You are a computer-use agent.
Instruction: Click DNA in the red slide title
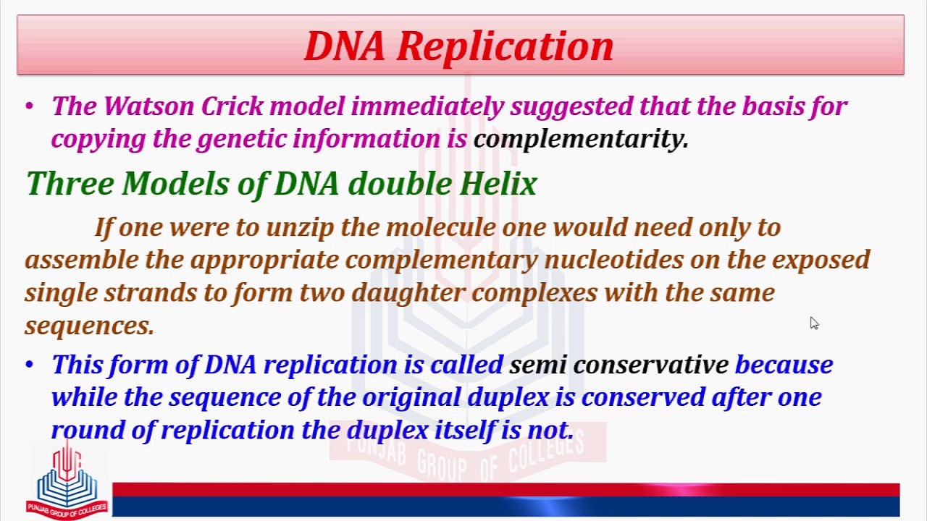pyautogui.click(x=345, y=46)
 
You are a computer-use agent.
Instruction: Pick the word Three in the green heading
pyautogui.click(x=70, y=183)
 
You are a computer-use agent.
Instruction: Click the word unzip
pyautogui.click(x=300, y=229)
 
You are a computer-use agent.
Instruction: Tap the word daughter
pyautogui.click(x=408, y=293)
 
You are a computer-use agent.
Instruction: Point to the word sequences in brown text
pyautogui.click(x=89, y=326)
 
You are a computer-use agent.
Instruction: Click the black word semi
pyautogui.click(x=537, y=365)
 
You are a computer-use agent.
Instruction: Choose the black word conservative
pyautogui.click(x=651, y=365)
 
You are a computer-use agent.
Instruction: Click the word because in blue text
pyautogui.click(x=784, y=365)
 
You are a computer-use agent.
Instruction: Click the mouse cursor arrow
pyautogui.click(x=814, y=323)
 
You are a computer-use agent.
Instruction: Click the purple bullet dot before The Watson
pyautogui.click(x=29, y=106)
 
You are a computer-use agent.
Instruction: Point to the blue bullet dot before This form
pyautogui.click(x=29, y=365)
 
